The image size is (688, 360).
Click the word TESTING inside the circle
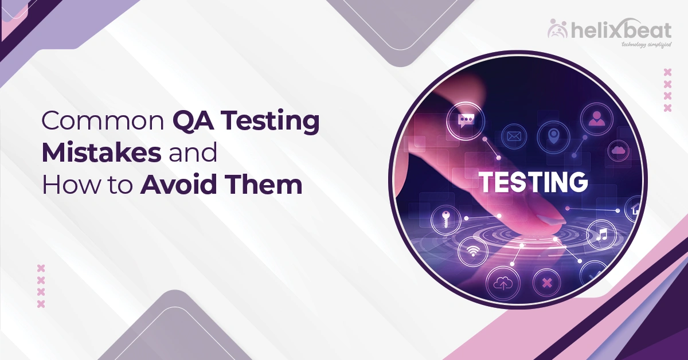click(534, 182)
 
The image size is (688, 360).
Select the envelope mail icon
click(514, 136)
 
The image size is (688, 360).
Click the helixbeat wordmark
click(625, 30)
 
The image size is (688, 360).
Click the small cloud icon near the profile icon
click(618, 150)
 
